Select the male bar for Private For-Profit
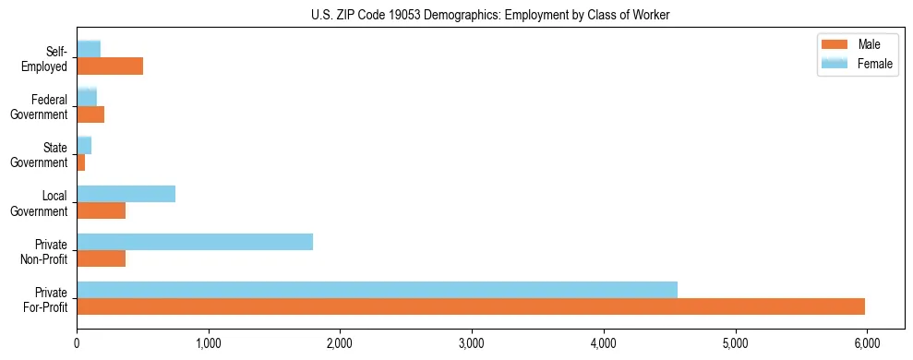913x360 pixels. click(471, 306)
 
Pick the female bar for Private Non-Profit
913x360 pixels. click(195, 242)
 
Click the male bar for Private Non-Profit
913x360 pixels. click(101, 258)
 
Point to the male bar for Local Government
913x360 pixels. click(101, 210)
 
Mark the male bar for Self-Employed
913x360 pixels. click(110, 66)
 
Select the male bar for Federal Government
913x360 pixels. click(90, 114)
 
